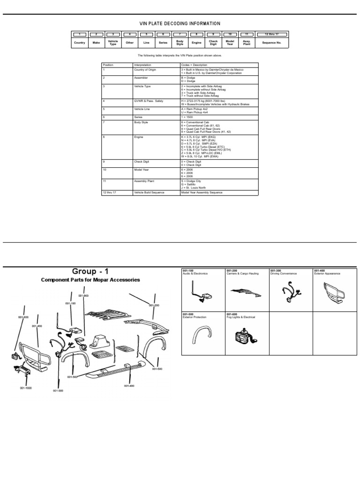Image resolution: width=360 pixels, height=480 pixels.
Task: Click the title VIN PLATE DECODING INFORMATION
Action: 180,23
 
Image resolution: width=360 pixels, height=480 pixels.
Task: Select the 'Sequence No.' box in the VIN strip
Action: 271,42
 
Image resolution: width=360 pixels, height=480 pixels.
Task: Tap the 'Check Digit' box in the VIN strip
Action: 213,42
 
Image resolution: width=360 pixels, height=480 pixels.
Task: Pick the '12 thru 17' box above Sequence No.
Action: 271,34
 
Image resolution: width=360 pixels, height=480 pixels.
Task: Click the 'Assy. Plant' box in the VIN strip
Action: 247,42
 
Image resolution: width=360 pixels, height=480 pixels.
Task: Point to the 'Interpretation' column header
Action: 142,65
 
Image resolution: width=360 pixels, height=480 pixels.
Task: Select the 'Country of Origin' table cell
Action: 146,69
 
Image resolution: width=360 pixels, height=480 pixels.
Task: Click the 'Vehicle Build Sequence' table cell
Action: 149,193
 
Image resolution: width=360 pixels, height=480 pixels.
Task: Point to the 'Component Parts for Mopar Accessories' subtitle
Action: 90,280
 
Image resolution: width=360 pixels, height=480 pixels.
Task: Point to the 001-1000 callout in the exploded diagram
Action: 25,388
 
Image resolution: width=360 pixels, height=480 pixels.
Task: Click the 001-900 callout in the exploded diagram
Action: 83,296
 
